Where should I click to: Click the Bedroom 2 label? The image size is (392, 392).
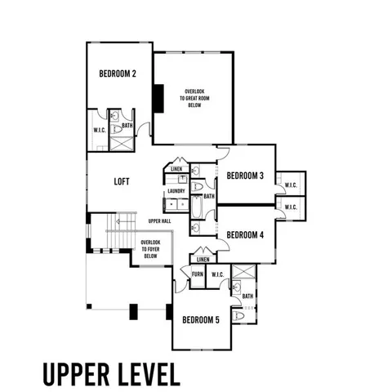coord(118,73)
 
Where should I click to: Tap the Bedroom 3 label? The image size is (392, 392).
coord(245,176)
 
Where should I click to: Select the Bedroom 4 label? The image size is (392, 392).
coord(245,235)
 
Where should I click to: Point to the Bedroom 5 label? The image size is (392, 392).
coord(201,319)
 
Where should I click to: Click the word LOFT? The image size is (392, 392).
coord(123,182)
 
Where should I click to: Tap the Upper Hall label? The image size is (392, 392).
coord(159,221)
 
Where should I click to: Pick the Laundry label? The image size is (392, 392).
coord(176,192)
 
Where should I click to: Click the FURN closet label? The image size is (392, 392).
coord(198,274)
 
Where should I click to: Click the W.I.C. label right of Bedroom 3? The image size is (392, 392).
coord(291,182)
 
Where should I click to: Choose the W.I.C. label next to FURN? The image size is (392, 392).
coord(218,274)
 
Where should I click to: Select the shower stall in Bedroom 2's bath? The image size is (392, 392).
coord(120,142)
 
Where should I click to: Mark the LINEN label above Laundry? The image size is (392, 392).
coord(176,170)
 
